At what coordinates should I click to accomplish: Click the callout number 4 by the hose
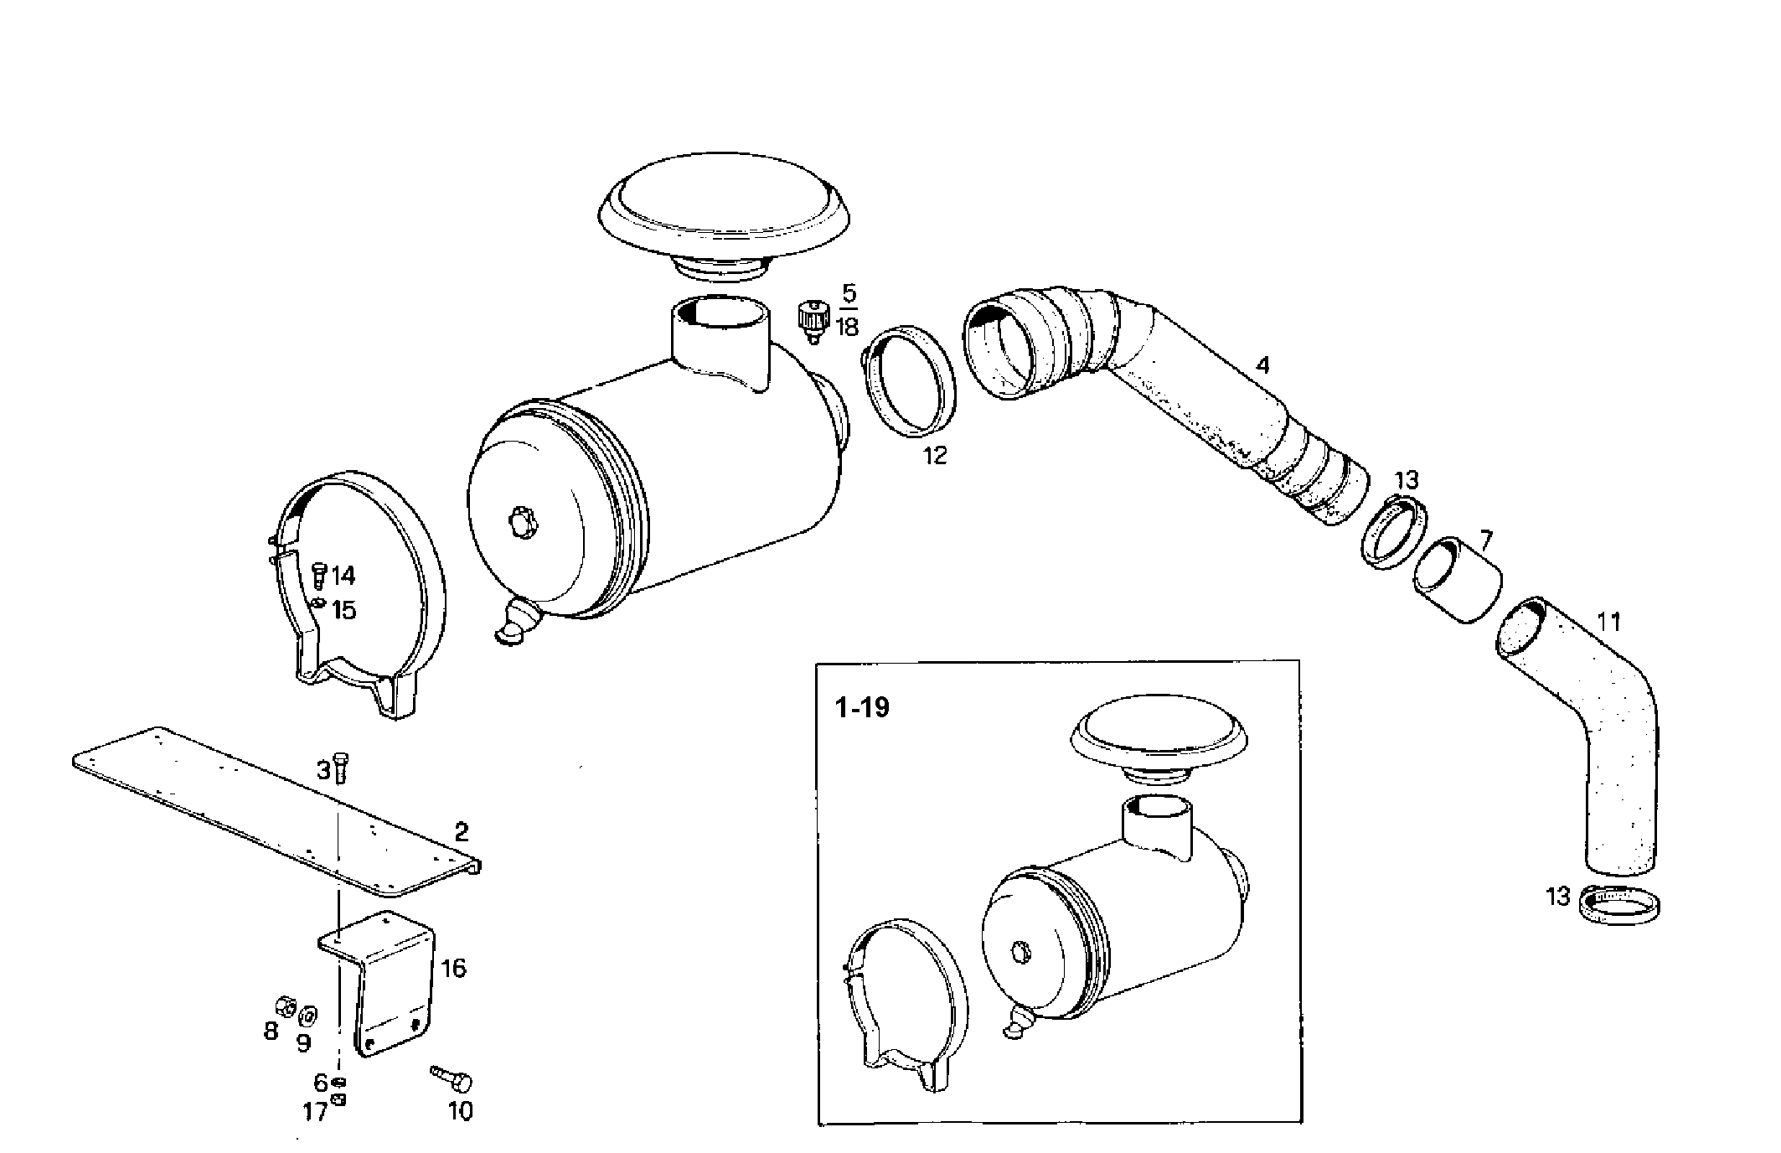(x=1262, y=365)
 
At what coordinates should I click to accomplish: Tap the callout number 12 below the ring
(x=935, y=456)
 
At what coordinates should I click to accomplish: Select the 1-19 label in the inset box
(x=862, y=708)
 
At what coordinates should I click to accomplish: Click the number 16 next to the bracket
(x=453, y=969)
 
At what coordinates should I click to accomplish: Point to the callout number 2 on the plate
(x=461, y=832)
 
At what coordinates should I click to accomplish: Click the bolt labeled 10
(x=452, y=1079)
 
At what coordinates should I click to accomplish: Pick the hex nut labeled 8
(x=284, y=1005)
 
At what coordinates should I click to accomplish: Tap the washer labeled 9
(x=307, y=1015)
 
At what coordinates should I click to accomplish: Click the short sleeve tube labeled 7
(x=1458, y=582)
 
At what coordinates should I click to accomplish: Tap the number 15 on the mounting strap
(x=344, y=610)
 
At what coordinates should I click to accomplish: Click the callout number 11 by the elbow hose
(x=1608, y=622)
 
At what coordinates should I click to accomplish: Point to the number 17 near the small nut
(x=316, y=1113)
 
